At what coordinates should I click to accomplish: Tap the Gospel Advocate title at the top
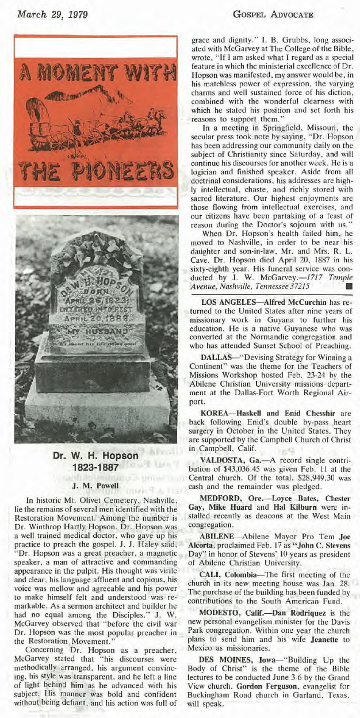(281, 15)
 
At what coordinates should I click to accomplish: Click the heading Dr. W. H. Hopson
(95, 456)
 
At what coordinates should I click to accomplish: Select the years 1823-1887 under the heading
(95, 468)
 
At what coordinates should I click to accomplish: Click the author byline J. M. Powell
(95, 484)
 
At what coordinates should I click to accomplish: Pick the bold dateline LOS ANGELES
(229, 303)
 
